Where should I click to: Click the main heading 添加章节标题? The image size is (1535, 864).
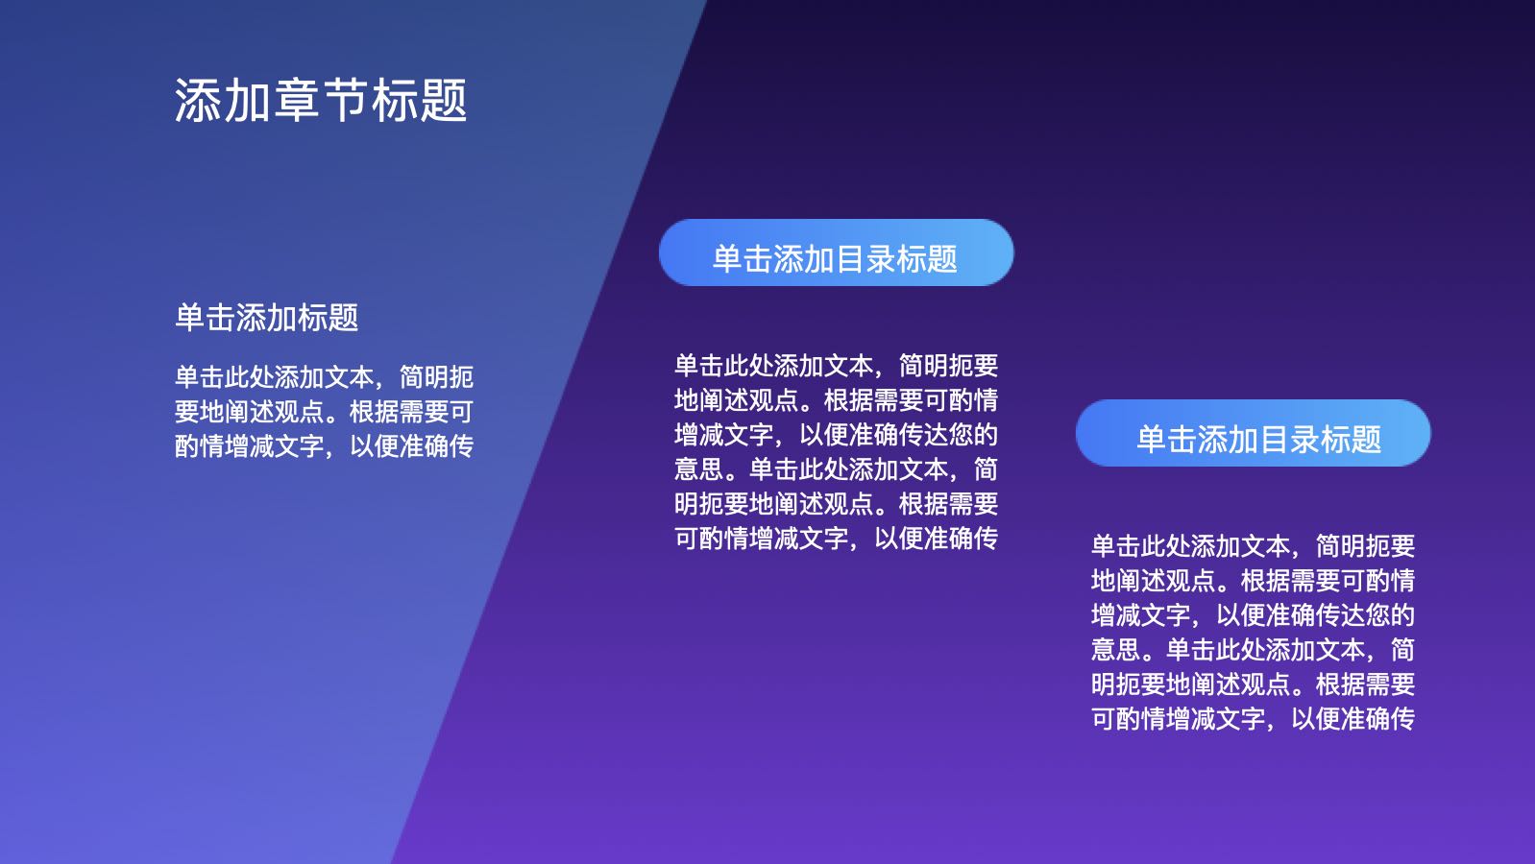click(x=321, y=101)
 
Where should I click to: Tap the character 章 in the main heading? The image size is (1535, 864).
click(x=296, y=101)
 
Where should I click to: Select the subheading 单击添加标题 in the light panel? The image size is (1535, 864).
click(x=267, y=318)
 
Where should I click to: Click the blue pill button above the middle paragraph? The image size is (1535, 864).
click(x=836, y=252)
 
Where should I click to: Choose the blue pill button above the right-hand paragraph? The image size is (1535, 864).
click(x=1254, y=433)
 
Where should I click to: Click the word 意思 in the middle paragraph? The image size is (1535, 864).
click(x=699, y=469)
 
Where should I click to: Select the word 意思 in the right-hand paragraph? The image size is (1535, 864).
click(x=1116, y=649)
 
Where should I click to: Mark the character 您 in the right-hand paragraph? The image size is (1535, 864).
click(x=1377, y=614)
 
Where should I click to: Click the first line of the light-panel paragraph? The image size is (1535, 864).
click(x=324, y=377)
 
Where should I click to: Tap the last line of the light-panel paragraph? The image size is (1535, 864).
click(x=324, y=446)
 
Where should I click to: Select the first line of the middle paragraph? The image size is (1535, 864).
click(x=836, y=366)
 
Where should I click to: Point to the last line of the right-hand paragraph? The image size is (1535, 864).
click(x=1254, y=718)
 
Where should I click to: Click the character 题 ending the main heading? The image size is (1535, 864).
click(x=444, y=101)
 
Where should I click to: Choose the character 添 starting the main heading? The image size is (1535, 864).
click(x=198, y=101)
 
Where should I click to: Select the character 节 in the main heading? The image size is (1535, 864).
click(x=346, y=101)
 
